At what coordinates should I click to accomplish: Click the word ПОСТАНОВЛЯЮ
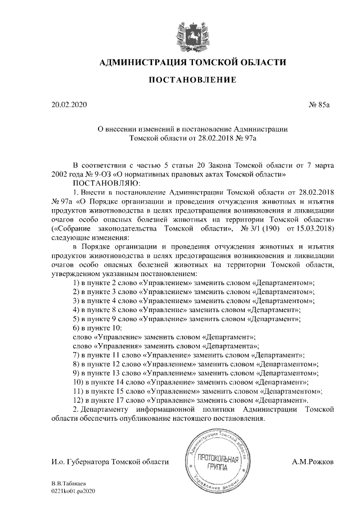(x=101, y=183)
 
